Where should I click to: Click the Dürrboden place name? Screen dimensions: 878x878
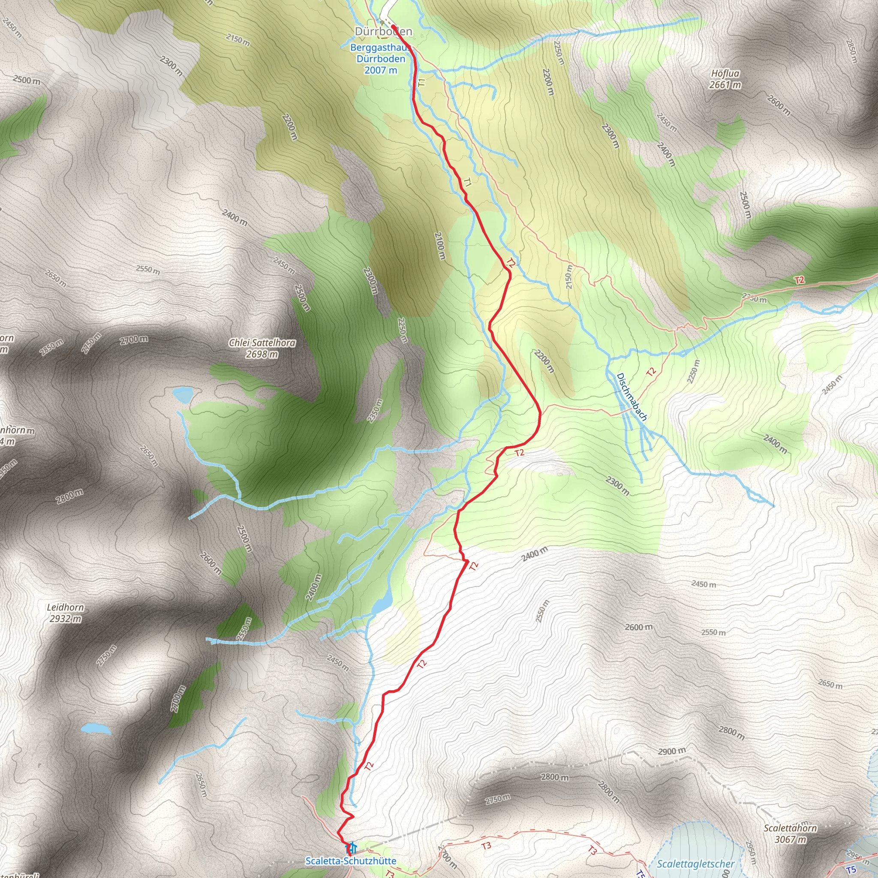pyautogui.click(x=383, y=31)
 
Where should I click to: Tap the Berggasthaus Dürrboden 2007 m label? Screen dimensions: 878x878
pyautogui.click(x=380, y=59)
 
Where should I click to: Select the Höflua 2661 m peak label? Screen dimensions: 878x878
pyautogui.click(x=725, y=79)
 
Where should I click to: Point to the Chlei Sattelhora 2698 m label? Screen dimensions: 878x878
pyautogui.click(x=262, y=348)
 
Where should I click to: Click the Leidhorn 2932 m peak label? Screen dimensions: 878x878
pyautogui.click(x=66, y=613)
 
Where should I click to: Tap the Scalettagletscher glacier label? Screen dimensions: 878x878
pyautogui.click(x=695, y=864)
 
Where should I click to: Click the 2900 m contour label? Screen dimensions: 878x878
pyautogui.click(x=672, y=751)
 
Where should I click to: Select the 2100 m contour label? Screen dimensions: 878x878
pyautogui.click(x=439, y=246)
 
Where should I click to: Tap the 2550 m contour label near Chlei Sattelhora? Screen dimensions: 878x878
pyautogui.click(x=148, y=270)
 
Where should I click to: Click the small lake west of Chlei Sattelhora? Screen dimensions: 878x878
pyautogui.click(x=183, y=394)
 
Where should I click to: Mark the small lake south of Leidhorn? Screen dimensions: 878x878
pyautogui.click(x=96, y=729)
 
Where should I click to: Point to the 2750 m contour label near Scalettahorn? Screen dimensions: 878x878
pyautogui.click(x=498, y=799)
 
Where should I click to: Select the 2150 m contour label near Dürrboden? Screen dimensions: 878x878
pyautogui.click(x=238, y=40)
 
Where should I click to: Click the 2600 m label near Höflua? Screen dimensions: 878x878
pyautogui.click(x=779, y=105)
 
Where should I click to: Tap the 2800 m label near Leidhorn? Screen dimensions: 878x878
pyautogui.click(x=70, y=496)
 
